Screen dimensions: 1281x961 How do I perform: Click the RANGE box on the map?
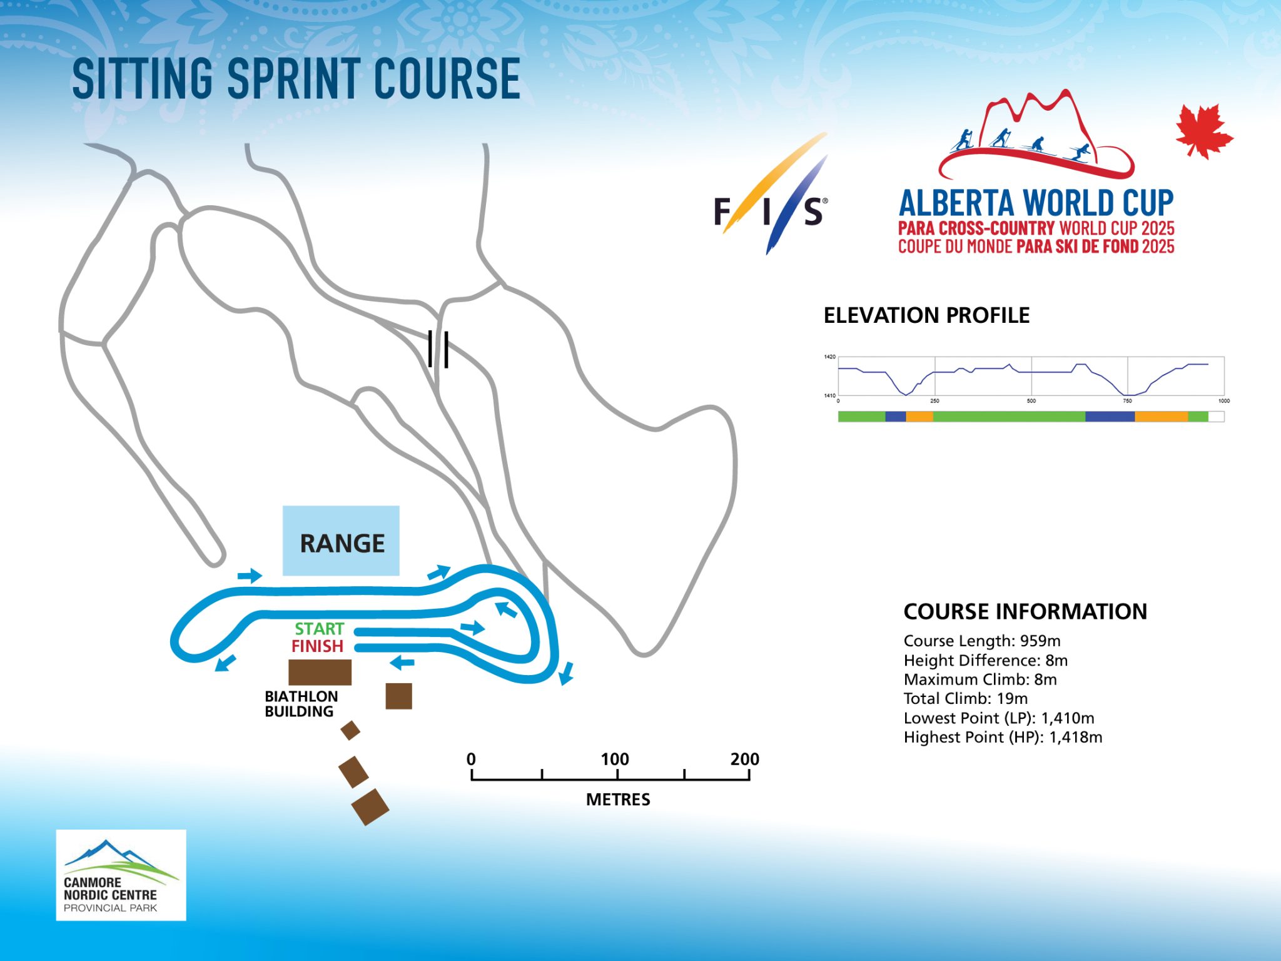click(x=341, y=541)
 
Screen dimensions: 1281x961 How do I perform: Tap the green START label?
click(x=320, y=629)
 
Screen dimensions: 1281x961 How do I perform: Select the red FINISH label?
click(x=317, y=646)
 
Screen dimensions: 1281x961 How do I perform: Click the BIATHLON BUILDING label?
click(x=301, y=704)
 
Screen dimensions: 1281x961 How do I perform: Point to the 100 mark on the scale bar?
click(x=615, y=759)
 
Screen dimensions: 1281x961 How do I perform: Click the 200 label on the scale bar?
click(x=744, y=759)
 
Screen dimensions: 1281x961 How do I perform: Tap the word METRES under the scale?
click(x=618, y=800)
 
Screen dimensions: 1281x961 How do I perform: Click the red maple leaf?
click(x=1204, y=131)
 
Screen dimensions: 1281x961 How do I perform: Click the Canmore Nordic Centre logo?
click(x=121, y=875)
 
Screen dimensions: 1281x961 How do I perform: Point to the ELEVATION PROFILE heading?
click(x=926, y=315)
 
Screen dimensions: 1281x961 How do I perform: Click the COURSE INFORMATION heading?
click(x=1025, y=611)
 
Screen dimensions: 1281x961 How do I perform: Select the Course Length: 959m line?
click(x=982, y=641)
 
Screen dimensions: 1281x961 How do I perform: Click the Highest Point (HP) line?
click(x=1003, y=737)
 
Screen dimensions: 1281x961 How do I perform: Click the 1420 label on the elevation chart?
click(x=829, y=357)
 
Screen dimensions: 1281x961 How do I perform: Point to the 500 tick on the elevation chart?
click(x=1031, y=400)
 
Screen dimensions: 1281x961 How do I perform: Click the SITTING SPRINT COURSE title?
click(x=296, y=78)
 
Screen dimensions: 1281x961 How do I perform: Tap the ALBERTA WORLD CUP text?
click(x=1036, y=203)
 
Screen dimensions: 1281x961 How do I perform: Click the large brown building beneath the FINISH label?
click(x=320, y=672)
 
